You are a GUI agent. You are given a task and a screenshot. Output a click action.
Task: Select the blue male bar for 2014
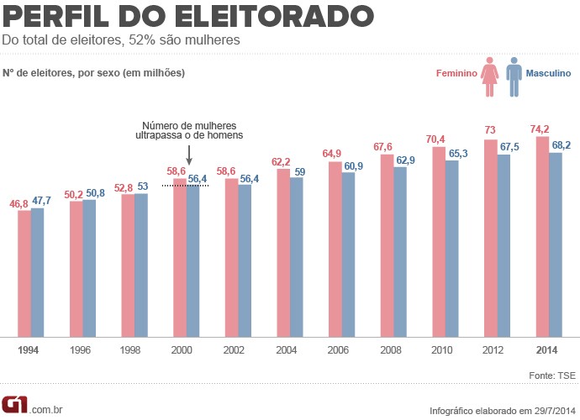coord(555,244)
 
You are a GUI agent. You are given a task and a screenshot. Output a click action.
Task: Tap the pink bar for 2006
coord(335,249)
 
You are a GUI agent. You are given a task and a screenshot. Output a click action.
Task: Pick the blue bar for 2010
coord(451,249)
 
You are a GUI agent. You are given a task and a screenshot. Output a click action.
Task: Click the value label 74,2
coord(541,129)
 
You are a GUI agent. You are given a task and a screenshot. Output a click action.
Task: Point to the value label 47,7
coord(42,201)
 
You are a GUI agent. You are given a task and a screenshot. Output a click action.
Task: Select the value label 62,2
coord(282,161)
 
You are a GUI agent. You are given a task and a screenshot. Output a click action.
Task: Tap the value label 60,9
coord(354,166)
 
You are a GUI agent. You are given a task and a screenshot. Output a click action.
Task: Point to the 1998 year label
coord(133,349)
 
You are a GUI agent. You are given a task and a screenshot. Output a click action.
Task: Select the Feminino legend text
coord(456,74)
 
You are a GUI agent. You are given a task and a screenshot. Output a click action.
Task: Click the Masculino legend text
coord(548,74)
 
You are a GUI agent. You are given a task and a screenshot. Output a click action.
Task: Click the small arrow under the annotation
coord(188,155)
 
